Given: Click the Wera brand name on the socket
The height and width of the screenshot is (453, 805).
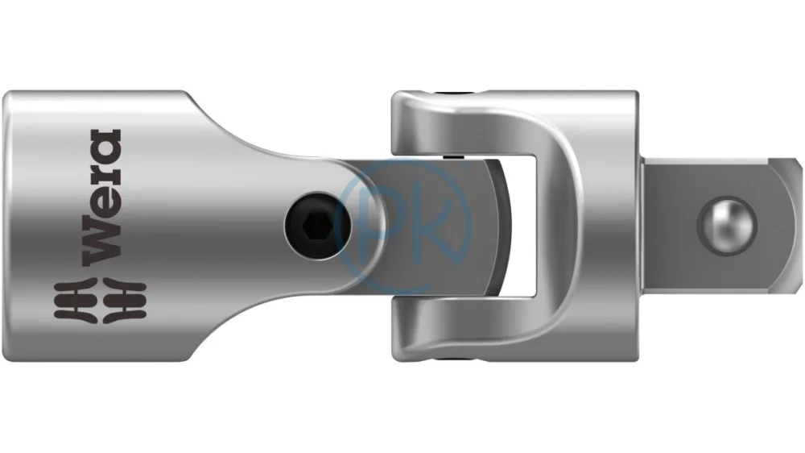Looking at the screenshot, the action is tap(103, 197).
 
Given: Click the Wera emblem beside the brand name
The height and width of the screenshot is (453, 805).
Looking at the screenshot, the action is tap(100, 301).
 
